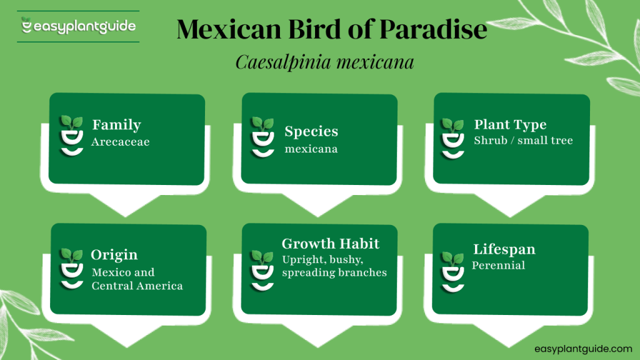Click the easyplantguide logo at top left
point(78,27)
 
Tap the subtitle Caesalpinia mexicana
point(325,63)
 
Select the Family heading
point(116,125)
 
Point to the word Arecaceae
point(120,142)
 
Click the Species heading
point(311,131)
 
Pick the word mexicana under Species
point(311,149)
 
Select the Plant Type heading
point(510,124)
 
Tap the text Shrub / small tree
point(523,140)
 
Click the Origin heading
point(114,255)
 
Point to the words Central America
point(137,286)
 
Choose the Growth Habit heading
point(331,244)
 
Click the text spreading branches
point(334,272)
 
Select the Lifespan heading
point(504,249)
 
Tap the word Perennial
point(498,265)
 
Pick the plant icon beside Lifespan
point(452,270)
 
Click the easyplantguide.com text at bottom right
point(583,349)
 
